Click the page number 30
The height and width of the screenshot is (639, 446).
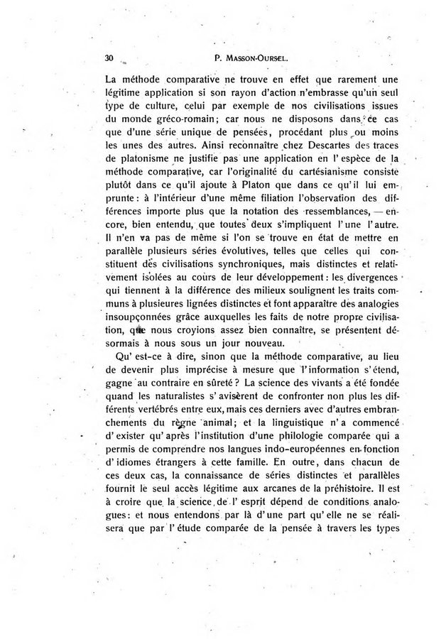coord(109,58)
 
